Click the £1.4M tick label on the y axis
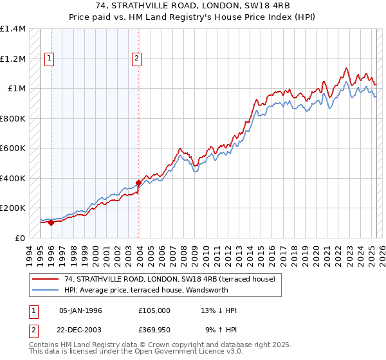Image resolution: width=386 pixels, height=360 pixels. [13, 30]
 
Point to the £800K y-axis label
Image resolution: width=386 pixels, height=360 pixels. [13, 119]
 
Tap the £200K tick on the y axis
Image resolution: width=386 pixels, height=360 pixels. [13, 208]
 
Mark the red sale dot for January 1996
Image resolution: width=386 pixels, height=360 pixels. [51, 222]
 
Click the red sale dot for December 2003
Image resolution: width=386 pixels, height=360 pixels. [138, 183]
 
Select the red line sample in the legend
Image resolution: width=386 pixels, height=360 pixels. [46, 279]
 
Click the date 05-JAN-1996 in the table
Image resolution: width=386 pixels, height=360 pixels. [80, 310]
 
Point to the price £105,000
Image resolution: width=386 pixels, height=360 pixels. [154, 310]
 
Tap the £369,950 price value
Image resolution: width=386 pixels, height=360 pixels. [154, 330]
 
